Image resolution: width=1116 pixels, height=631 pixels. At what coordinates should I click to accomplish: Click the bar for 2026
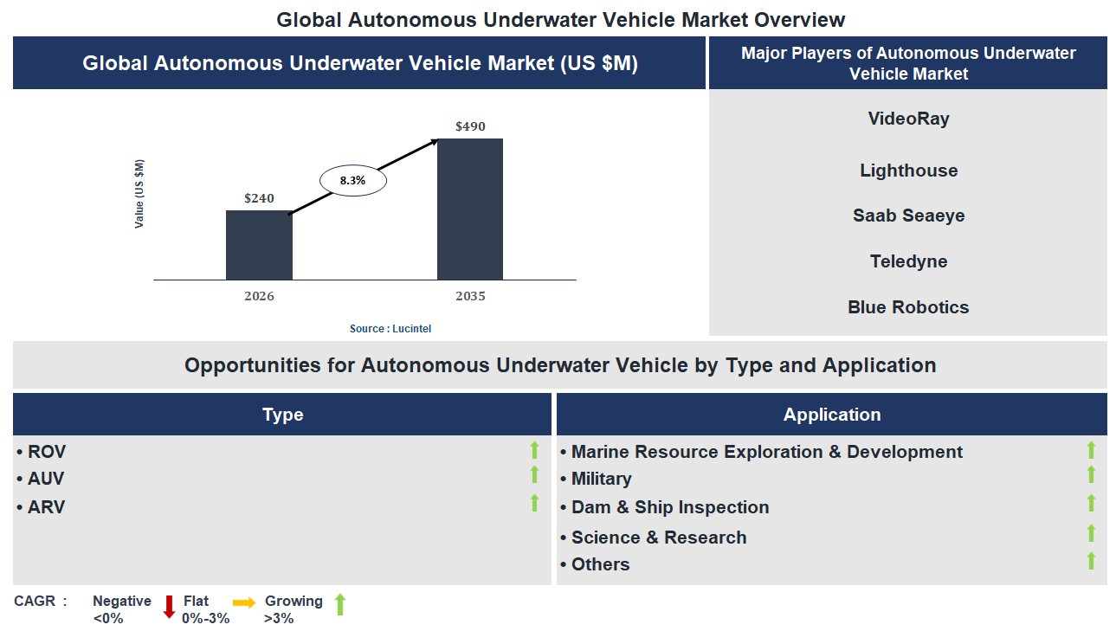point(259,245)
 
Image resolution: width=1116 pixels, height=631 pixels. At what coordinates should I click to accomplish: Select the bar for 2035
point(470,209)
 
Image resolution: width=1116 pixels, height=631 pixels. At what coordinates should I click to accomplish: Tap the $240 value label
point(259,198)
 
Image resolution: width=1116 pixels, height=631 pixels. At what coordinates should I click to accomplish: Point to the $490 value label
point(470,126)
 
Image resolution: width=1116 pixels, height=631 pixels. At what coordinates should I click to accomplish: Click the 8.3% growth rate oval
point(352,181)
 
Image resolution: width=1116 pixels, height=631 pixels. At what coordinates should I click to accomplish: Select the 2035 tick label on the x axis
point(470,296)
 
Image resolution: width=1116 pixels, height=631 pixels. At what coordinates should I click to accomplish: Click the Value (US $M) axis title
point(139,194)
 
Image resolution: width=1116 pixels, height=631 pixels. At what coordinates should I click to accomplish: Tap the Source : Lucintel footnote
point(390,329)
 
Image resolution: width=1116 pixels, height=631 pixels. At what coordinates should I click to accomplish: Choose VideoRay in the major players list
point(908,119)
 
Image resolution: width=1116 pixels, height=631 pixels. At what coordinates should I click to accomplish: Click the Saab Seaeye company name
point(908,216)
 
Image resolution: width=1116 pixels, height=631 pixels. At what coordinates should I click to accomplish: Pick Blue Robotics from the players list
point(908,307)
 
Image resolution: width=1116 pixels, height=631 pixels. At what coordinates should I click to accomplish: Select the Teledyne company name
point(908,261)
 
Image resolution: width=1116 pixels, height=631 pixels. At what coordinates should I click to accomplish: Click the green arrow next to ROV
point(534,450)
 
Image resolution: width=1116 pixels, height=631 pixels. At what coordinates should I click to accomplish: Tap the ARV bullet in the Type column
point(42,507)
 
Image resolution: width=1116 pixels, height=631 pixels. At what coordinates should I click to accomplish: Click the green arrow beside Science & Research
point(1091,534)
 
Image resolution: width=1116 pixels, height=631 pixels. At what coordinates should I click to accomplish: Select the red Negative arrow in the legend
point(169,607)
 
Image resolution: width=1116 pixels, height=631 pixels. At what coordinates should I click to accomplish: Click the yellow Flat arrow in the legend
point(244,603)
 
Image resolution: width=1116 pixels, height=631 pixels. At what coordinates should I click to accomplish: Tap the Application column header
point(831,415)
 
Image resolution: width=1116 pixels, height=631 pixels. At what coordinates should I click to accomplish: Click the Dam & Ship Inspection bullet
point(665,507)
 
